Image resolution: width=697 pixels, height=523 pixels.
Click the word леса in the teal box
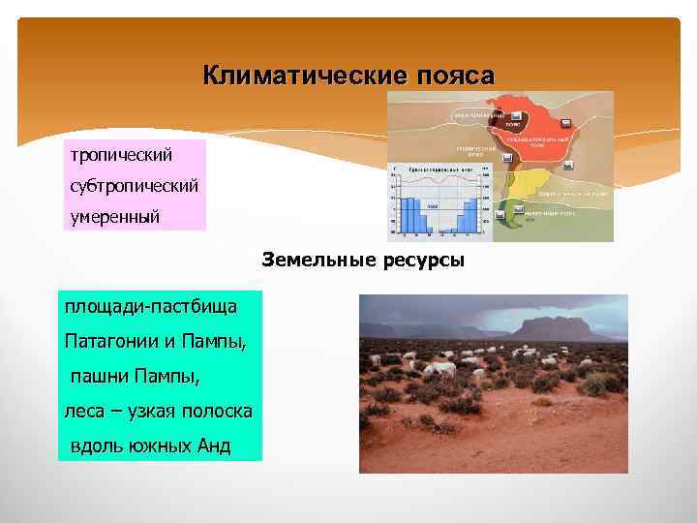click(x=84, y=411)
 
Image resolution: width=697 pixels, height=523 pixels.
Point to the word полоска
click(x=220, y=411)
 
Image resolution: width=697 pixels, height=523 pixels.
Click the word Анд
click(x=211, y=446)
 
